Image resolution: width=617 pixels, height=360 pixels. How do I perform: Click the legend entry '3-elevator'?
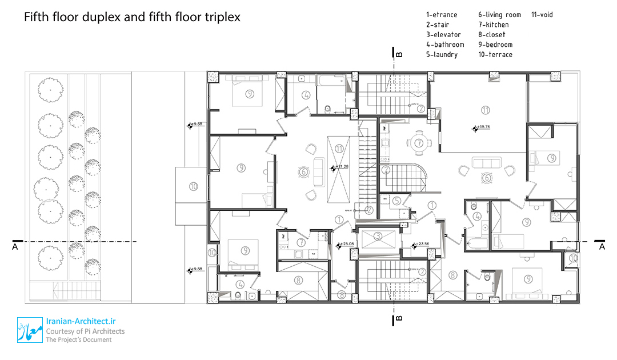click(443, 35)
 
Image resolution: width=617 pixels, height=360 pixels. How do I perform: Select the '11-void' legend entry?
click(542, 15)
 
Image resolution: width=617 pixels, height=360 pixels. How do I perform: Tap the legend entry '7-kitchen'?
click(494, 25)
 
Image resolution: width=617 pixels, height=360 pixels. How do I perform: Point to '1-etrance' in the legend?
click(442, 15)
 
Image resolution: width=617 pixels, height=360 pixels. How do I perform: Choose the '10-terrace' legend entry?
click(495, 55)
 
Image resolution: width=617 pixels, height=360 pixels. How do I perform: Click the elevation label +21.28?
click(342, 167)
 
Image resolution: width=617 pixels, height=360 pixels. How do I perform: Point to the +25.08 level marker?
click(347, 245)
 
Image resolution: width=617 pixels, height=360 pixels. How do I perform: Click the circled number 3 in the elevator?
click(377, 236)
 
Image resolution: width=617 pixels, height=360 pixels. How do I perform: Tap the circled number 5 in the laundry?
click(396, 201)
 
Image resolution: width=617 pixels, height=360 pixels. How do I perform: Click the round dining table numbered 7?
click(419, 143)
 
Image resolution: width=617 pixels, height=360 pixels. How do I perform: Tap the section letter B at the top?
click(399, 55)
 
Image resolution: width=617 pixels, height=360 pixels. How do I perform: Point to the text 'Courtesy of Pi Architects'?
click(85, 331)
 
